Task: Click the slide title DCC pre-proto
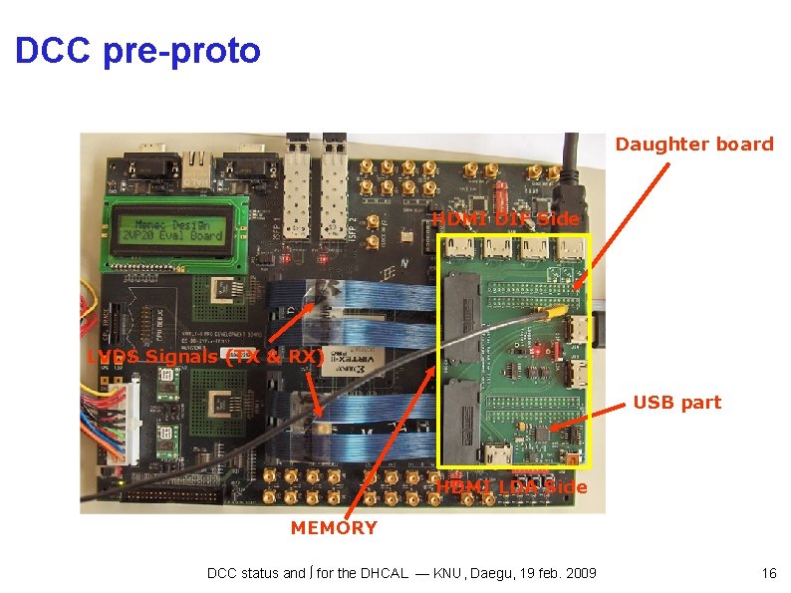coord(137,50)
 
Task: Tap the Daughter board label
coord(693,145)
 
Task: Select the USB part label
coord(676,403)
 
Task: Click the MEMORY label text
coord(334,528)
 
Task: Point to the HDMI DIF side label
coord(505,219)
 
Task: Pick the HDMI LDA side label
coord(512,486)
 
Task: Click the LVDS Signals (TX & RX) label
coord(204,356)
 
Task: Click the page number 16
coord(768,573)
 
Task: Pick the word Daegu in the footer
coord(516,573)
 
